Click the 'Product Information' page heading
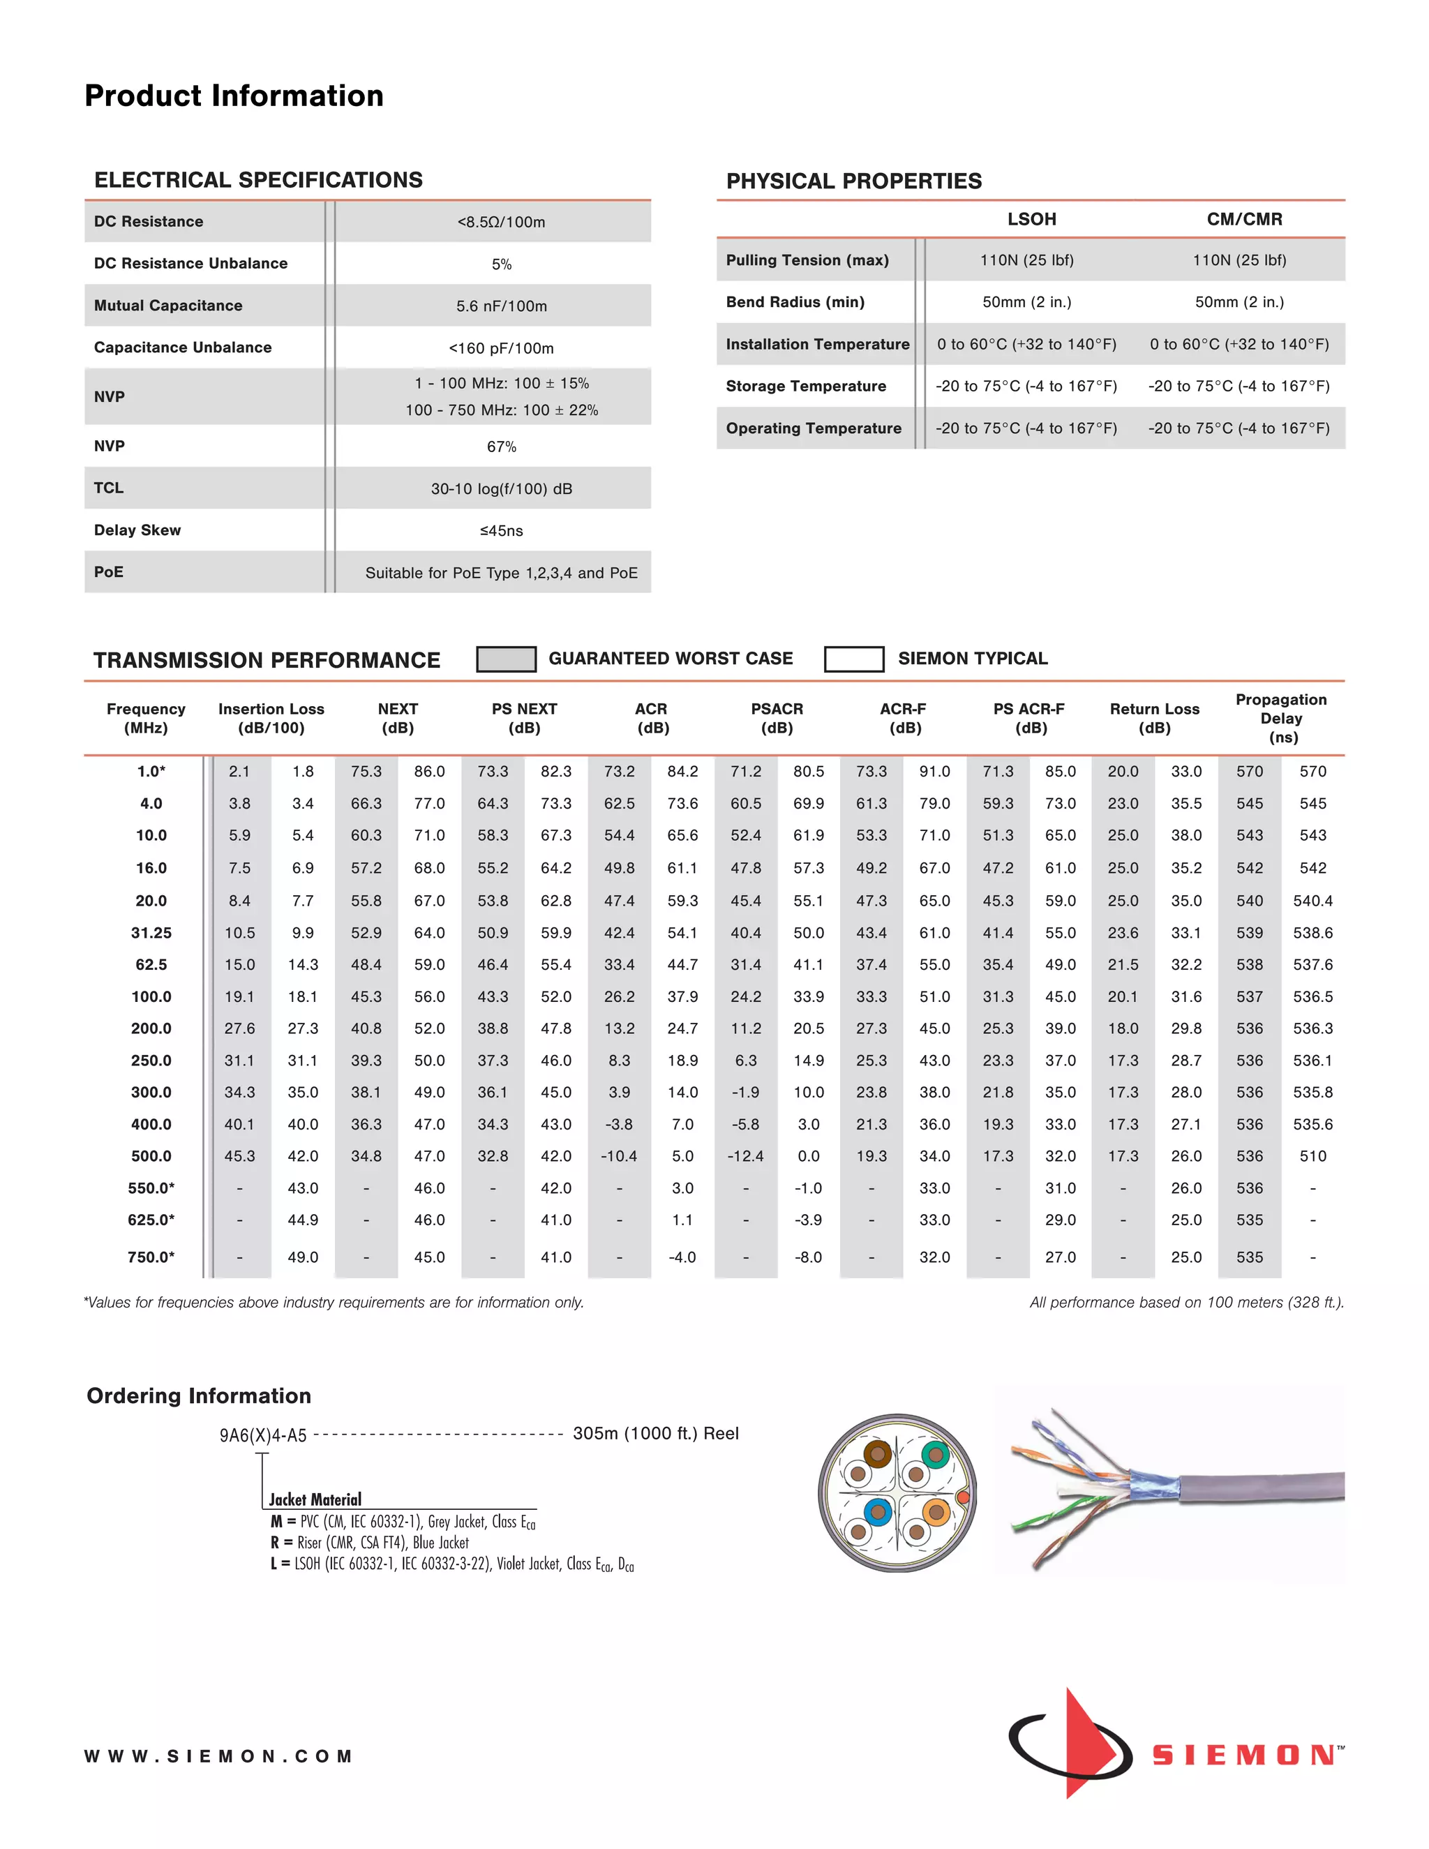(x=234, y=96)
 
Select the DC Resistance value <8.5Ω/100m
(x=501, y=222)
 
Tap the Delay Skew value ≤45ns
(x=501, y=531)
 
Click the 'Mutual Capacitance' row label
(x=167, y=306)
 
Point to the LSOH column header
(x=1031, y=219)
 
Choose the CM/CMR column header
(x=1243, y=219)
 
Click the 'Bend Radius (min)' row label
(x=795, y=302)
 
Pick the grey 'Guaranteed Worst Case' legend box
(x=507, y=659)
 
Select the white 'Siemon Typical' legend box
(x=853, y=659)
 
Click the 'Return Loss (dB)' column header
(x=1154, y=718)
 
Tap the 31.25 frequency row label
(x=151, y=933)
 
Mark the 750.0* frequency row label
(x=151, y=1257)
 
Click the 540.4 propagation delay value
(x=1312, y=901)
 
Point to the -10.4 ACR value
(x=619, y=1156)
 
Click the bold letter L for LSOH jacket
(x=274, y=1564)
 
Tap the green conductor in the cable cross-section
(x=934, y=1455)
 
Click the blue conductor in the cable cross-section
(x=878, y=1511)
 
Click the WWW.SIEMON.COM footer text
(x=218, y=1757)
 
